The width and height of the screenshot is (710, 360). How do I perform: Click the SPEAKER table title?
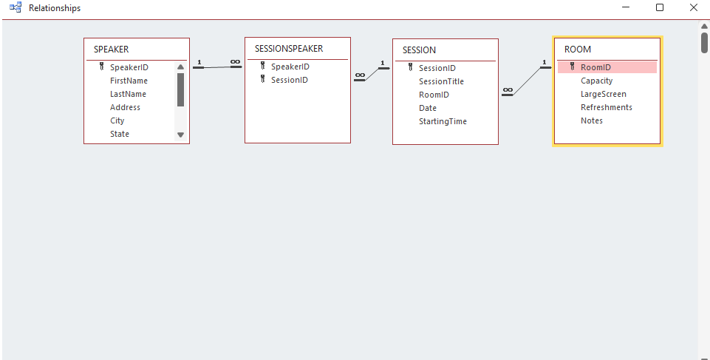tap(111, 50)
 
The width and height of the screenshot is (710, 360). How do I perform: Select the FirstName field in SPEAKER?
tap(129, 81)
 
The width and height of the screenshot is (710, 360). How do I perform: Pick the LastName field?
tap(128, 94)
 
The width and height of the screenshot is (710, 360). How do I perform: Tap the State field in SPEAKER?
tap(119, 134)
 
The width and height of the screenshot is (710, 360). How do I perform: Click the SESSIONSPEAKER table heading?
tap(288, 49)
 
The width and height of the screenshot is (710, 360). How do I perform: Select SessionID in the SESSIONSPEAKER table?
tap(289, 80)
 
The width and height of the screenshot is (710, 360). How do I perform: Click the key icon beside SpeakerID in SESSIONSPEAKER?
tap(262, 67)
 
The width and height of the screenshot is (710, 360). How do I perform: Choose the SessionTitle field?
tap(441, 81)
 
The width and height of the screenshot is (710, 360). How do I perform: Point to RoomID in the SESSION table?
tap(434, 95)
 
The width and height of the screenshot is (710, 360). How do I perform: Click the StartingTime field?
tap(443, 121)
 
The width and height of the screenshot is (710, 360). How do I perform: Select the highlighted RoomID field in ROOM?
tap(595, 67)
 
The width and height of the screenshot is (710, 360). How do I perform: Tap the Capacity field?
tap(596, 81)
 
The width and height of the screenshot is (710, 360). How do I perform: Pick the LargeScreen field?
tap(603, 94)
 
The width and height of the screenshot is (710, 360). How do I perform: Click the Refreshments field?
tap(606, 107)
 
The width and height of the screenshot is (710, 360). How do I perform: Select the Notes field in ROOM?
tap(591, 120)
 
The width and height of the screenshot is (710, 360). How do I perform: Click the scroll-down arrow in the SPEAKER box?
tap(180, 135)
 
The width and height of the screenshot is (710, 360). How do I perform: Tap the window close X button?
tap(693, 8)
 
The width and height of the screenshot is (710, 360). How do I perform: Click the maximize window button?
tap(660, 8)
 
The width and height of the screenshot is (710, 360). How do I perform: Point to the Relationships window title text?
tap(55, 8)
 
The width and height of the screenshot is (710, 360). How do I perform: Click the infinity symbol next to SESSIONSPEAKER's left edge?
tap(235, 62)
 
